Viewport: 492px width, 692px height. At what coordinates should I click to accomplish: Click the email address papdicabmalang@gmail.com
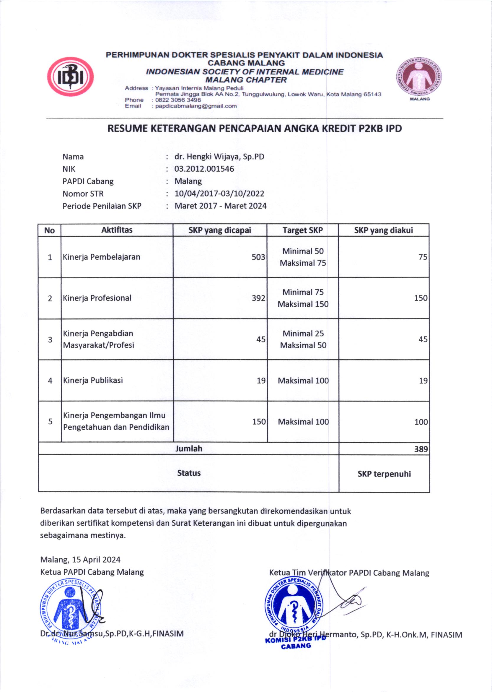coord(196,106)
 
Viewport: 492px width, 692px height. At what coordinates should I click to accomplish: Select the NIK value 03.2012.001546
coord(204,169)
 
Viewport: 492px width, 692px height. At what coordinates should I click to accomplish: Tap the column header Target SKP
coord(302,230)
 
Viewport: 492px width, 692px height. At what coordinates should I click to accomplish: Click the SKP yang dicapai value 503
coord(258,257)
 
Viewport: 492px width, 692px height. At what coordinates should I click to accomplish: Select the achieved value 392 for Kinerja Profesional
coord(258,298)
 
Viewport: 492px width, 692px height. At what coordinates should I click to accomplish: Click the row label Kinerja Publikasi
coord(93,380)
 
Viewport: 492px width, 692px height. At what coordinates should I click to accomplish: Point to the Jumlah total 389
coord(421,449)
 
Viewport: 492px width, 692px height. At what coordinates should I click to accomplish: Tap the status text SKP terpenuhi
coord(384,474)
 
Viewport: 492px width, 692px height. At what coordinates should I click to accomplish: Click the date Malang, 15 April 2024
coord(80,560)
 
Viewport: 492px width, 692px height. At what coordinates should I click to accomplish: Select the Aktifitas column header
coord(117,230)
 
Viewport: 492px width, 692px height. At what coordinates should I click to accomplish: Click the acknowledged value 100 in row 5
coord(421,422)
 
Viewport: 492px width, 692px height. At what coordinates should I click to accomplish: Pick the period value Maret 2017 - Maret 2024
coord(221,206)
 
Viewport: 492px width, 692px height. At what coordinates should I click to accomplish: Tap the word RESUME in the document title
coord(128,129)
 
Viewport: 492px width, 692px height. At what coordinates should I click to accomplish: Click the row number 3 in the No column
coord(50,339)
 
